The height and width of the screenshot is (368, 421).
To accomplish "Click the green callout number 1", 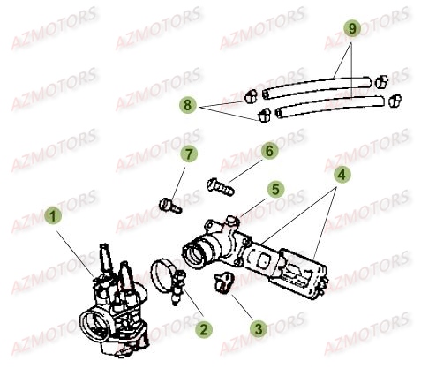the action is (x=53, y=216).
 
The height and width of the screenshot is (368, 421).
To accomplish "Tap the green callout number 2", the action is (x=204, y=329).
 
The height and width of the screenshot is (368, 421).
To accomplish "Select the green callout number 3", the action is (x=259, y=328).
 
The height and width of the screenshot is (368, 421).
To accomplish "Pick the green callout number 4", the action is (x=342, y=175).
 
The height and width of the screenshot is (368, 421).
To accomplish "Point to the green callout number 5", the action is (x=275, y=189).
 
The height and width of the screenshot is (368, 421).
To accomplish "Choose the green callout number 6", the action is (x=269, y=151).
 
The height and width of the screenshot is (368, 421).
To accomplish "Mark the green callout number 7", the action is (x=189, y=154).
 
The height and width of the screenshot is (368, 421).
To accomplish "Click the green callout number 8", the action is (x=188, y=105).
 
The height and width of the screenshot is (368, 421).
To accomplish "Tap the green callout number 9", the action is (x=352, y=28).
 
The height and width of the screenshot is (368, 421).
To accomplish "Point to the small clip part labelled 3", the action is (x=224, y=282).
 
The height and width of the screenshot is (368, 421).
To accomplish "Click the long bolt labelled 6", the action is (x=221, y=187).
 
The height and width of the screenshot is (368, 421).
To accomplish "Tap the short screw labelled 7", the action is (x=170, y=206).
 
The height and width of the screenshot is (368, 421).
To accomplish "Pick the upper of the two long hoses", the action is (x=317, y=87).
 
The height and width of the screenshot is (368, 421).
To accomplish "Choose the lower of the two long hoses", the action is (x=330, y=107).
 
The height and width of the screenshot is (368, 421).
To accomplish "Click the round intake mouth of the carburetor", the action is (x=94, y=325).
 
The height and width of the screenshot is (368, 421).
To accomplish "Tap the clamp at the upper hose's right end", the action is (x=381, y=82).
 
